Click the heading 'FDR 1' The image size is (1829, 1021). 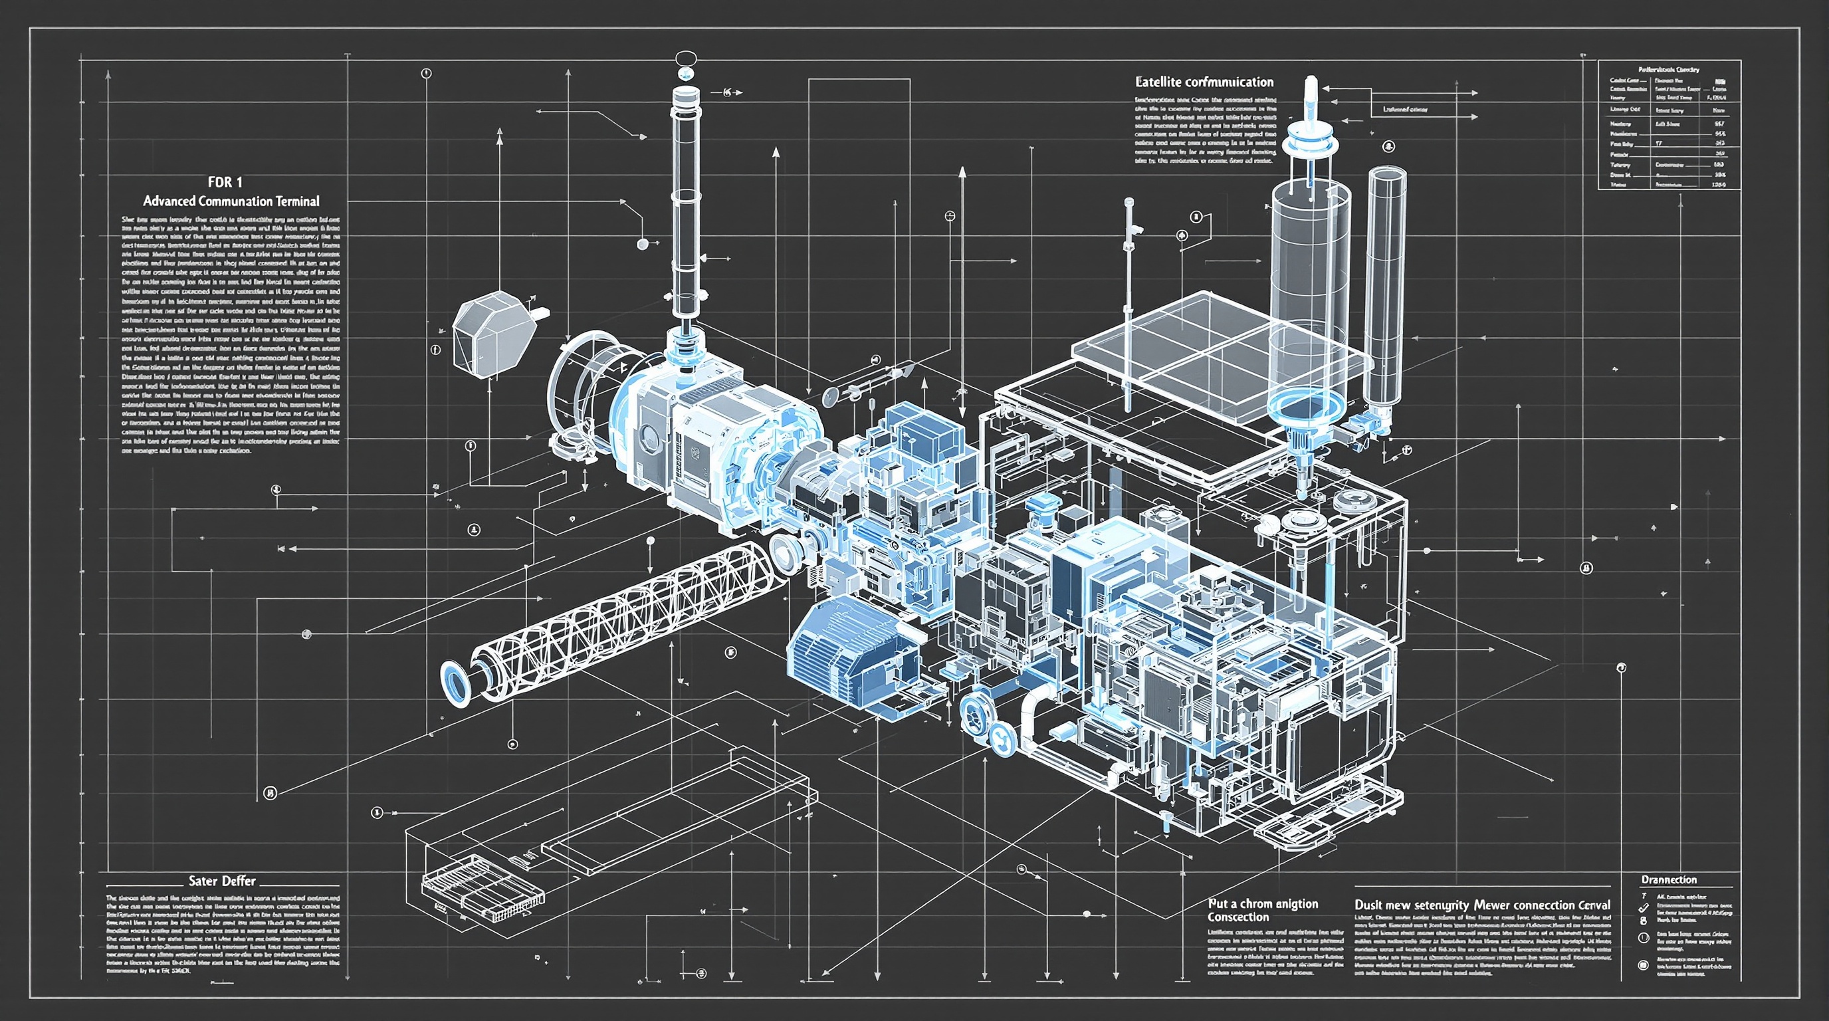[225, 183]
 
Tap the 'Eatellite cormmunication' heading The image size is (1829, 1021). [1204, 82]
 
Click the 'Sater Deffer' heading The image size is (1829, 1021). [221, 881]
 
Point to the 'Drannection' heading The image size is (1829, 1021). [1669, 879]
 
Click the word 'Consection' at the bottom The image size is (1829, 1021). [1238, 917]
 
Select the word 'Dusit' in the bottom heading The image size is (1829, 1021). [1369, 905]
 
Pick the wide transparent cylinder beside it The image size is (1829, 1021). [1309, 284]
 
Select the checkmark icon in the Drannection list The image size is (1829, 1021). [1642, 908]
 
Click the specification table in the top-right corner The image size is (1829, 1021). [1669, 125]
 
